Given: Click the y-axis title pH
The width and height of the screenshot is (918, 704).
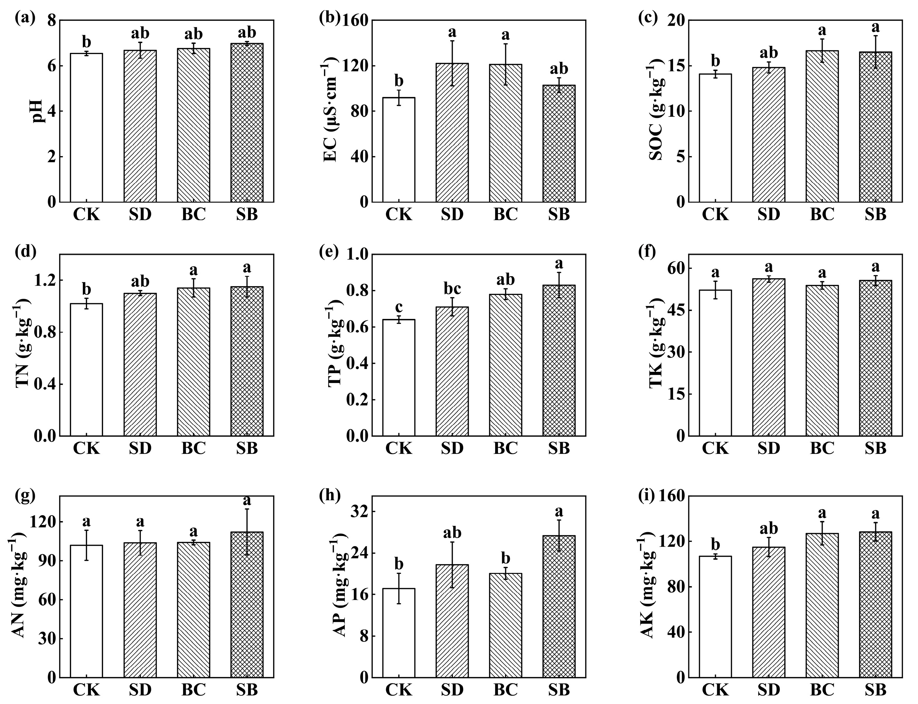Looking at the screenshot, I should [38, 111].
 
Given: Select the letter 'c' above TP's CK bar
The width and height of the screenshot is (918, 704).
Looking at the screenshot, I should [399, 307].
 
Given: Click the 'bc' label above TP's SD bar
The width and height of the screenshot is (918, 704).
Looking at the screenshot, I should [452, 289].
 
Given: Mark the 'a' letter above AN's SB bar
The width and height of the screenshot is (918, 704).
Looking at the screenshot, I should [247, 500].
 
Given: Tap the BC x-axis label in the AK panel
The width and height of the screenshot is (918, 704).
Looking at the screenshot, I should [822, 689].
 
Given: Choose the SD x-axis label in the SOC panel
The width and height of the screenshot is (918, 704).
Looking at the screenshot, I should [768, 215].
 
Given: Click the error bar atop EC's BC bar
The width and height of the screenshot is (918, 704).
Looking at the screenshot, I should [506, 64].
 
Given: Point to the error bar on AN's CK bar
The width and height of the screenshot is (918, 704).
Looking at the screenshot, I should [86, 545].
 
